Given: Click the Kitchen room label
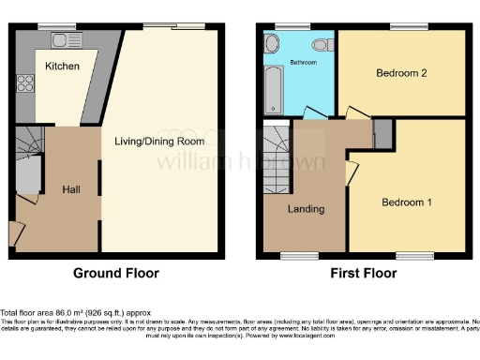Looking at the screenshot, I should click(x=62, y=67).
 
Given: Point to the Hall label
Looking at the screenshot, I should click(x=70, y=189).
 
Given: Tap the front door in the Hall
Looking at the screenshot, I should click(x=16, y=232).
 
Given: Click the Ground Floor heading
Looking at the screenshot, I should click(x=116, y=274).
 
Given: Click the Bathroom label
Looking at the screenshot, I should click(x=304, y=63).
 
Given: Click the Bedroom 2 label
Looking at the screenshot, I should click(x=402, y=72).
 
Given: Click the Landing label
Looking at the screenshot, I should click(x=307, y=209).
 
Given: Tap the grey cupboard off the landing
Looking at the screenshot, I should click(x=381, y=134).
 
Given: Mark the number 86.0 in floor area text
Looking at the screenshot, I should click(x=70, y=311).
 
